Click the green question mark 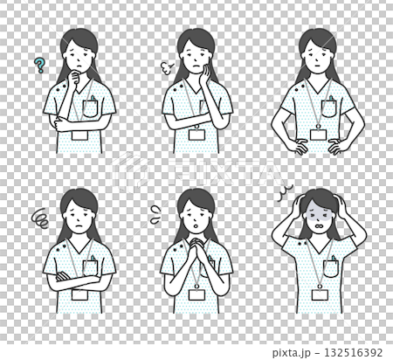click(38, 65)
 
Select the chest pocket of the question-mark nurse click(92, 109)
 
